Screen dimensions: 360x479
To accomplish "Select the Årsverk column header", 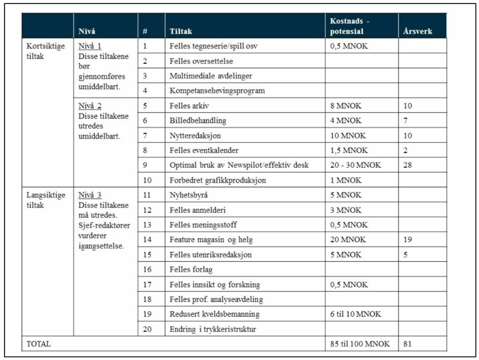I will pyautogui.click(x=417, y=31).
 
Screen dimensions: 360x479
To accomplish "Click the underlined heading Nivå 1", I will pyautogui.click(x=90, y=46).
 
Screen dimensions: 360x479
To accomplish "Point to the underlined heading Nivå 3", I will pyautogui.click(x=90, y=195).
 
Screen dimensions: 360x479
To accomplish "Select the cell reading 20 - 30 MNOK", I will pyautogui.click(x=355, y=165).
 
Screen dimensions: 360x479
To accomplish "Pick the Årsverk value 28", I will pyautogui.click(x=407, y=165).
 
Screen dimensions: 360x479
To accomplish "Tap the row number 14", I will pyautogui.click(x=147, y=240).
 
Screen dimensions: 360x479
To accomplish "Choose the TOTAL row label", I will pyautogui.click(x=38, y=344).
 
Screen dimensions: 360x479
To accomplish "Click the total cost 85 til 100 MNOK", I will pyautogui.click(x=359, y=344).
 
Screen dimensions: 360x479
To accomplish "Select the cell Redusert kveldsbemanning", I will pyautogui.click(x=215, y=314).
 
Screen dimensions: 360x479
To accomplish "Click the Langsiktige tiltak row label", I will pyautogui.click(x=45, y=200).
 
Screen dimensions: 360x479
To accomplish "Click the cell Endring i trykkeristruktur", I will pyautogui.click(x=213, y=329).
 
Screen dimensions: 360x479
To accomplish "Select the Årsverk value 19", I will pyautogui.click(x=407, y=240).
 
